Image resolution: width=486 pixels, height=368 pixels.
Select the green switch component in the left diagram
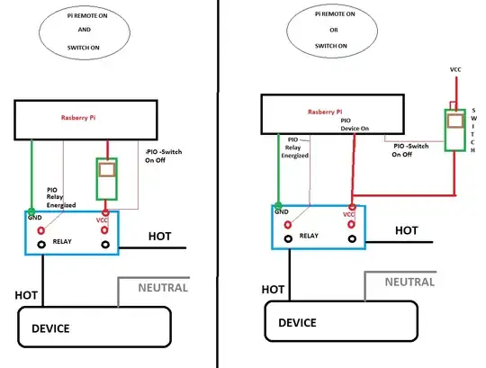pos(107,178)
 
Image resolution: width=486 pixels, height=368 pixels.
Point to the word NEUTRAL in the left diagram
pos(163,288)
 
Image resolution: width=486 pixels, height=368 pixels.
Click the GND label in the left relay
pos(35,217)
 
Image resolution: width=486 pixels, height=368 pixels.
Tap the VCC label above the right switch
pos(455,68)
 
